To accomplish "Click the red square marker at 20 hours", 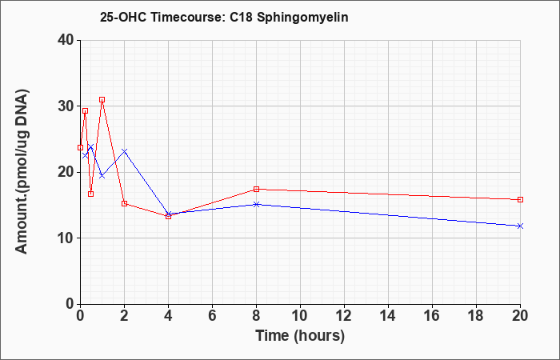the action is point(520,200).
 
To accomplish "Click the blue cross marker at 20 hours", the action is point(520,226).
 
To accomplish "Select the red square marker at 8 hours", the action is point(256,189).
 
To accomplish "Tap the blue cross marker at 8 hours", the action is point(256,204).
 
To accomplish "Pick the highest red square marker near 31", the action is point(102,100).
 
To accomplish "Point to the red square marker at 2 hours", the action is point(124,203).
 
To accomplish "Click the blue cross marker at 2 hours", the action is point(124,151).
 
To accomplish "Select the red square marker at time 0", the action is point(80,147).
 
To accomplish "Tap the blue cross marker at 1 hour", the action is point(102,176).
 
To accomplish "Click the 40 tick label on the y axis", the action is point(66,40).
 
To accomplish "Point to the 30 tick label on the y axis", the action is point(66,106).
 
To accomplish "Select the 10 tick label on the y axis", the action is point(66,238).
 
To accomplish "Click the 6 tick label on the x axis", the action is point(212,316).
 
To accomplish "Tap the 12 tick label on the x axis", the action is point(344,316).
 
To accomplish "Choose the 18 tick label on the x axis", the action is point(476,316).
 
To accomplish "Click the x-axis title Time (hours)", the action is point(300,336).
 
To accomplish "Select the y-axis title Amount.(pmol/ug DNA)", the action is point(22,172).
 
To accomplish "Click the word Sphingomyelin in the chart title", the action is point(302,18).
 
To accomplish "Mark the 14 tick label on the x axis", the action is point(388,316).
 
